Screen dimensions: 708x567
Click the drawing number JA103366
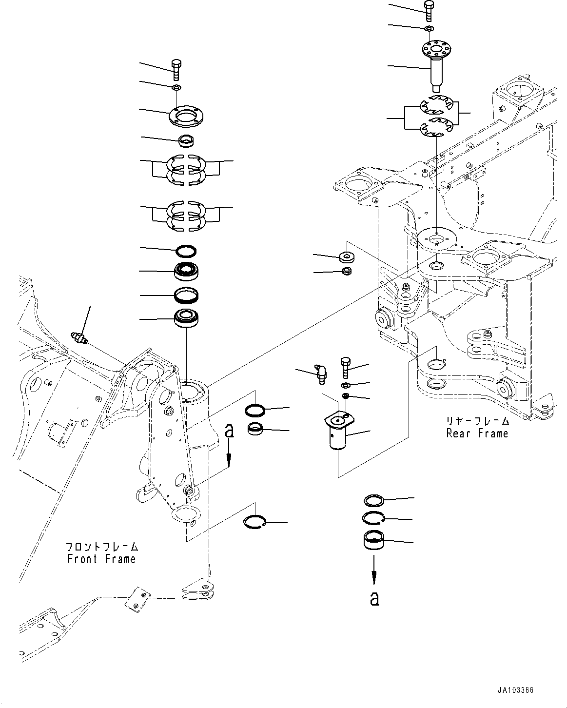[516, 690]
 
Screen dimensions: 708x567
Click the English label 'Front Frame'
[101, 559]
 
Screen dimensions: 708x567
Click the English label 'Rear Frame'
[477, 433]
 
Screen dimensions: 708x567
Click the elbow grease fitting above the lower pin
[322, 375]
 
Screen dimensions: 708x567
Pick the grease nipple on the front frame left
[79, 337]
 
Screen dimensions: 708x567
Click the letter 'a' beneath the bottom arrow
[374, 599]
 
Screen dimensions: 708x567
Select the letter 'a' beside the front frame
[229, 431]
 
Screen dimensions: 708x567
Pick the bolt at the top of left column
[176, 70]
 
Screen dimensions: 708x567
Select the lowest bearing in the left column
[186, 319]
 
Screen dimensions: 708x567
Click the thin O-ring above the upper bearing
[186, 251]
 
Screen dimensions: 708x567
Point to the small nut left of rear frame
[347, 271]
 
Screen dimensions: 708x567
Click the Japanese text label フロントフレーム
[102, 547]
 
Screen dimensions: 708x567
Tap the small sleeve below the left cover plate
[186, 140]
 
